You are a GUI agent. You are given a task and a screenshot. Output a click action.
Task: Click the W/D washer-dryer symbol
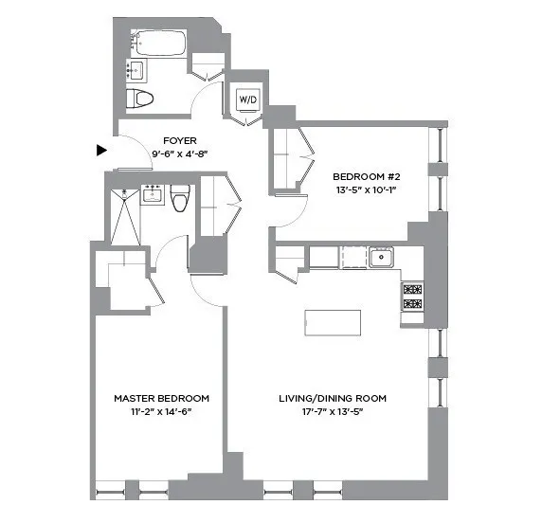(246, 99)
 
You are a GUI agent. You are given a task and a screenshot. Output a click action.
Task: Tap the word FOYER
(174, 139)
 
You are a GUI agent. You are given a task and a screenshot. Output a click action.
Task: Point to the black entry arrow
(101, 150)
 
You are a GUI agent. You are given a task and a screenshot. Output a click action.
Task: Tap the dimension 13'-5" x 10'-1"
(365, 190)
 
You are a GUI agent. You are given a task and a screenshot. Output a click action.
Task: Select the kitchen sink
(382, 256)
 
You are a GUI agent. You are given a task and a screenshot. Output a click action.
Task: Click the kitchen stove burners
(412, 296)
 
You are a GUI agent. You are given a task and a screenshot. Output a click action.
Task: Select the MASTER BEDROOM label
(161, 398)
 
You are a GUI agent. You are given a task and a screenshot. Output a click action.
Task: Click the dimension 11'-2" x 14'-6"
(161, 412)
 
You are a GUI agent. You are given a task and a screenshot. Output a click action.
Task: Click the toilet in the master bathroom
(180, 196)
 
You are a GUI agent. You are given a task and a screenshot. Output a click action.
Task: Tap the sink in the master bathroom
(152, 194)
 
